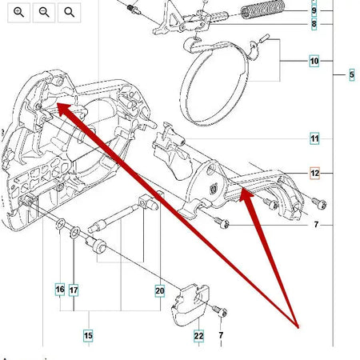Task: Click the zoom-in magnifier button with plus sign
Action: click(19, 12)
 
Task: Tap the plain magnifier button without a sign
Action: click(70, 12)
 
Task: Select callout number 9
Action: click(314, 11)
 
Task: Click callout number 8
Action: click(314, 24)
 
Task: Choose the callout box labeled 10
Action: click(314, 61)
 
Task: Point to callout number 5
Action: click(352, 75)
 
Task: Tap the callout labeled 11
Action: click(314, 139)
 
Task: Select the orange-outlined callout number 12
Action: click(314, 173)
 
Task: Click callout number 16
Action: click(60, 288)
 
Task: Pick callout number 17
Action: click(74, 288)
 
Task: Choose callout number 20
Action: click(159, 290)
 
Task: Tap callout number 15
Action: click(88, 335)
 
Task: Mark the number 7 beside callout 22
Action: click(221, 335)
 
